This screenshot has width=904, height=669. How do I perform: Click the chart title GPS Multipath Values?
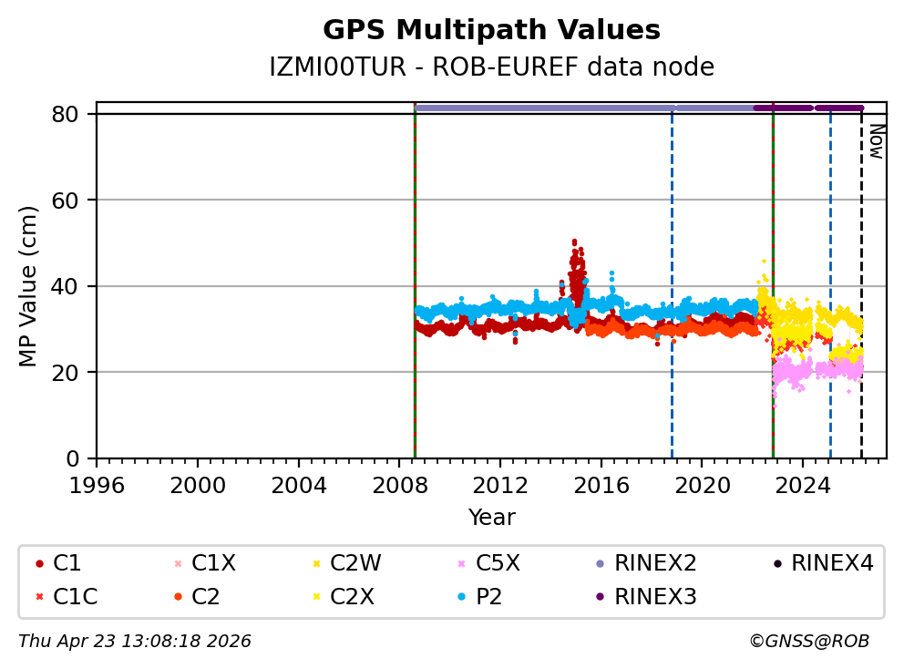491,30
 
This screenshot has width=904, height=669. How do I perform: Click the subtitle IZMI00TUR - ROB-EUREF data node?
491,67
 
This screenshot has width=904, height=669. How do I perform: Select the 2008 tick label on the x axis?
399,483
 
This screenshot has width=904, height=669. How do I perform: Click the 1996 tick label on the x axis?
97,483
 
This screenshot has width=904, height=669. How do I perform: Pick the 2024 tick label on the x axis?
803,483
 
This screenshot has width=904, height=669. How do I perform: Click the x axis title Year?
491,518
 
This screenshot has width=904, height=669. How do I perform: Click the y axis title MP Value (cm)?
29,286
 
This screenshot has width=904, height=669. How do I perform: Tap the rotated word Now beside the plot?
876,141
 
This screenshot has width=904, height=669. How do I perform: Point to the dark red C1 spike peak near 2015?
574,242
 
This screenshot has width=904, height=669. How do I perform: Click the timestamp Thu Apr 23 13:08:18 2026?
135,642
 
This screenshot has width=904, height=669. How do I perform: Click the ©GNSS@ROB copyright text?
809,642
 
